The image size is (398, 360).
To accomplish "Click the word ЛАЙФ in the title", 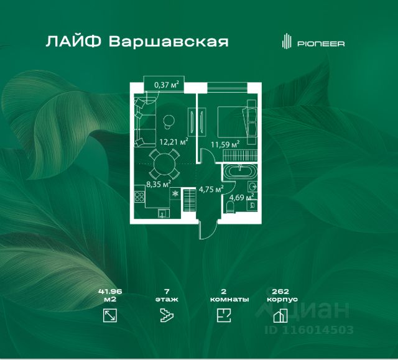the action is (x=73, y=42).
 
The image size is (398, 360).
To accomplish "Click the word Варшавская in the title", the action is (x=169, y=42).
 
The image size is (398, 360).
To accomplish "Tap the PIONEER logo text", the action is (x=321, y=44).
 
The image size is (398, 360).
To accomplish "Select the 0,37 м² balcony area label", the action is (x=167, y=85).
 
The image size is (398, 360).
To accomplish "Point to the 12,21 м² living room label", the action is (x=174, y=142).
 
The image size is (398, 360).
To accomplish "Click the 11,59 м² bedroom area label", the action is (x=225, y=145).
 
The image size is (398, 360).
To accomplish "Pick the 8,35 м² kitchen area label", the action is (x=159, y=184).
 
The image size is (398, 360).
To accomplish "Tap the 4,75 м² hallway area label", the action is (x=211, y=189).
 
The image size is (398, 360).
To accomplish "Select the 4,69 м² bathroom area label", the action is (x=241, y=197).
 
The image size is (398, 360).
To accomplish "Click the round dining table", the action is (x=164, y=164).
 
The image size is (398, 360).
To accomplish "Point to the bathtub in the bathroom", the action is (x=240, y=172).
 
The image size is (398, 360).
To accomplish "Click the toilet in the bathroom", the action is (x=230, y=207).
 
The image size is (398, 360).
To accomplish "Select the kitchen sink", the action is (x=162, y=214).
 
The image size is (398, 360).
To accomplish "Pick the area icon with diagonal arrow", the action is (x=110, y=315).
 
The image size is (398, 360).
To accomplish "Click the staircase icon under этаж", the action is (x=167, y=315).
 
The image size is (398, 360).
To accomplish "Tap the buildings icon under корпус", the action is (x=280, y=316).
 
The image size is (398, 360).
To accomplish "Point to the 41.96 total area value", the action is (x=110, y=292).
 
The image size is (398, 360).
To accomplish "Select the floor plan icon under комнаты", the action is (x=224, y=315).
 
